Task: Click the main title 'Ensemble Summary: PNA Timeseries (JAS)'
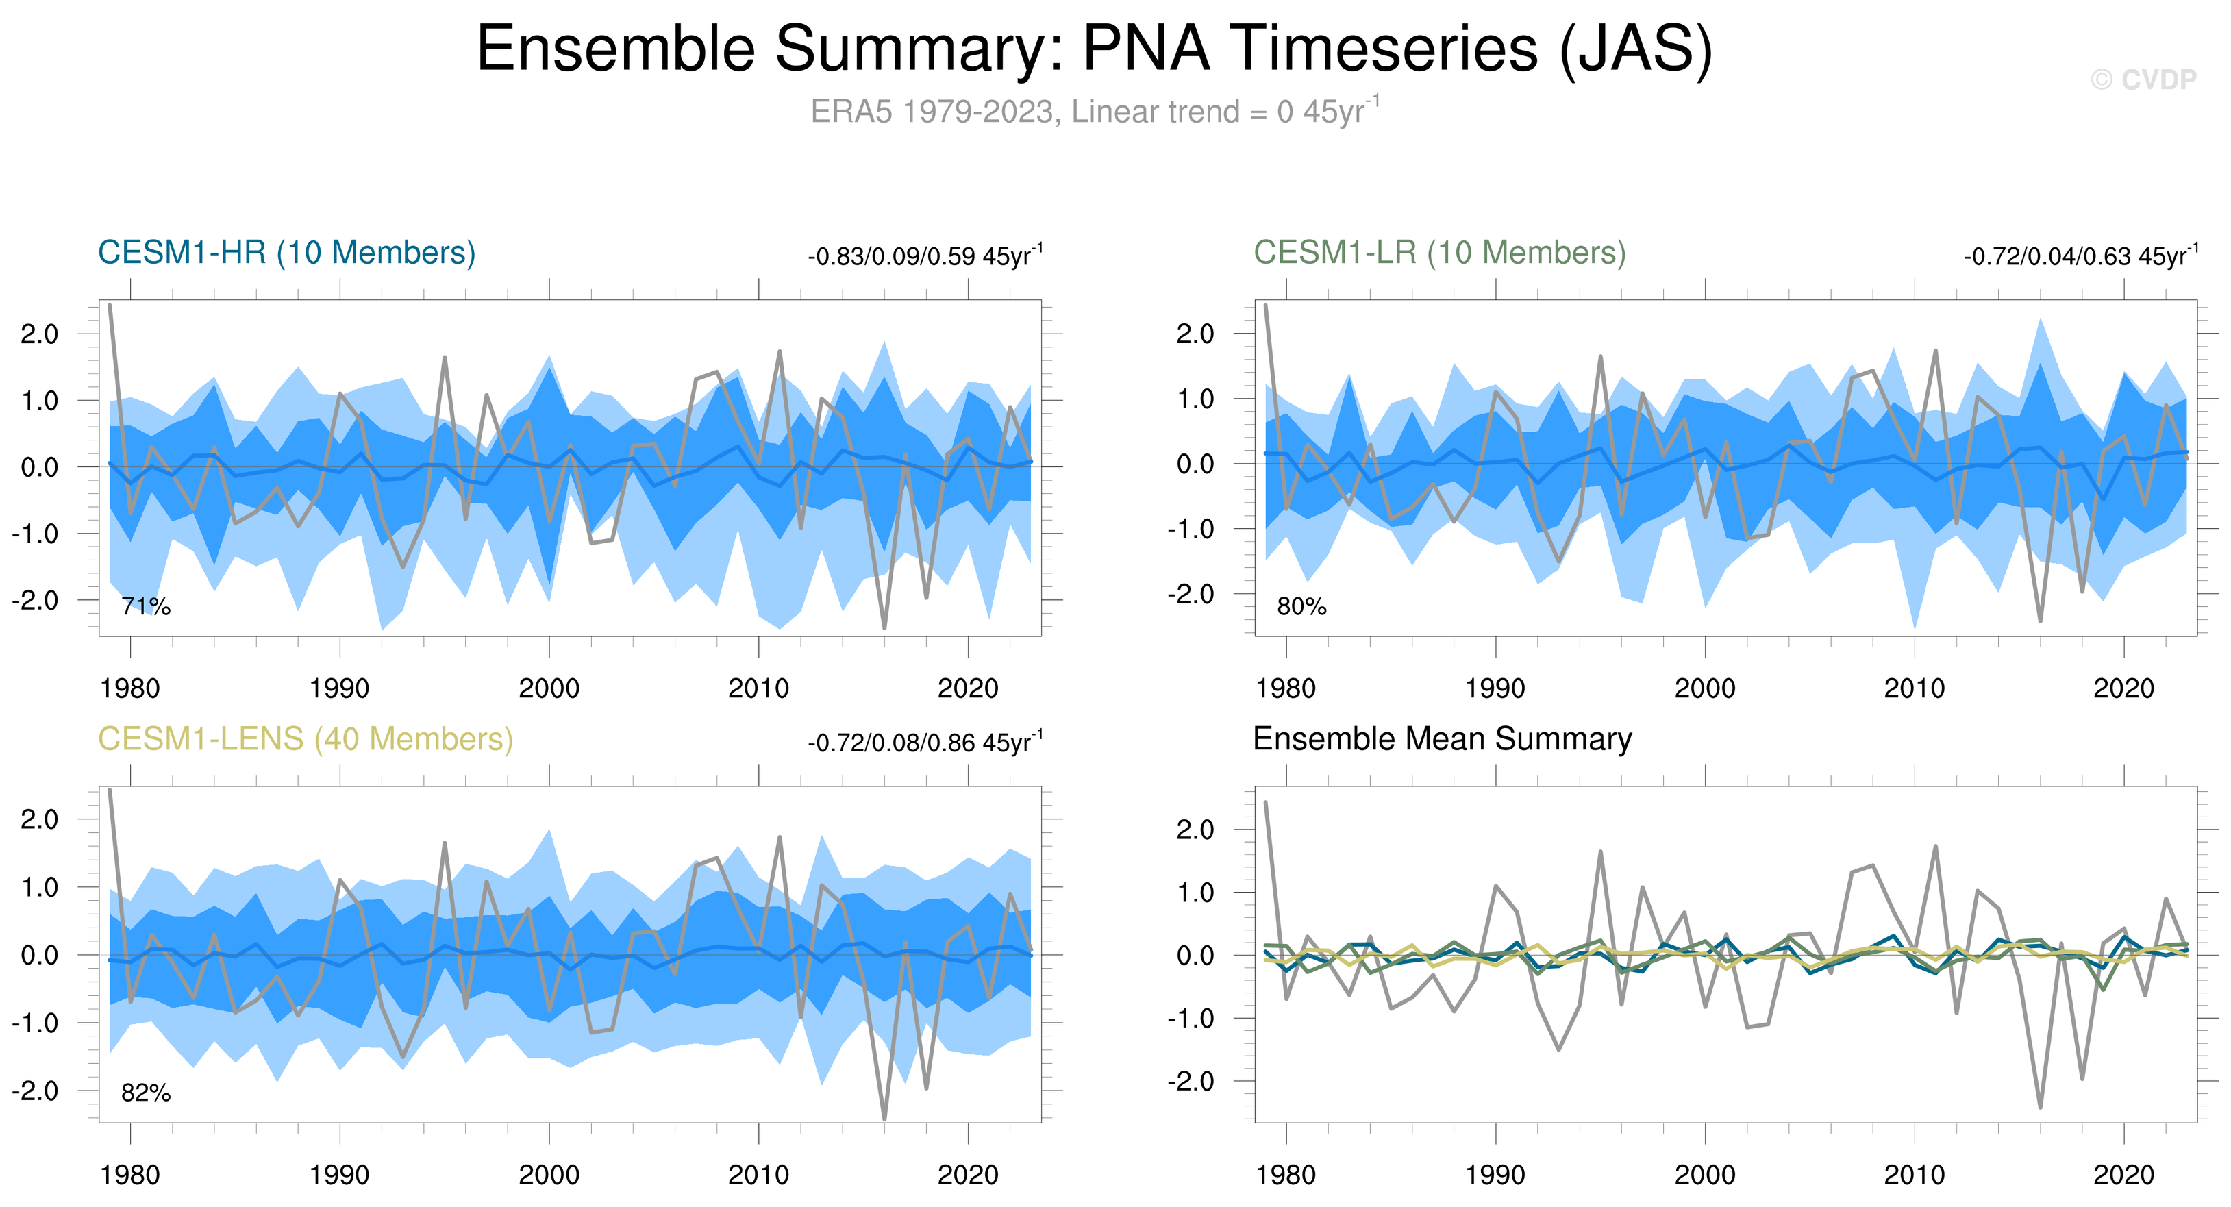coord(1094,49)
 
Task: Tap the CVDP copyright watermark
coord(2143,79)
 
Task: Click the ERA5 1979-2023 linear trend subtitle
coord(1094,112)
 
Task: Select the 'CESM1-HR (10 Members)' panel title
coord(287,253)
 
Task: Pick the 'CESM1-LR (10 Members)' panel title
coord(1439,253)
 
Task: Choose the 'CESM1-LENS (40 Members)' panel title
coord(305,739)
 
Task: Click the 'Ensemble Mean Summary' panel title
coord(1442,739)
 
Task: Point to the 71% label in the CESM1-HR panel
coord(145,606)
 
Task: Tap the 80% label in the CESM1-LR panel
coord(1301,606)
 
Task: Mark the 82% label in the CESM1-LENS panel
coord(145,1093)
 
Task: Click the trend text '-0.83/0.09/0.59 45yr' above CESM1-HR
coord(924,257)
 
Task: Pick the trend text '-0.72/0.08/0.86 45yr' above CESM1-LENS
coord(924,744)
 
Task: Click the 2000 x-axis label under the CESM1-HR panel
coord(549,689)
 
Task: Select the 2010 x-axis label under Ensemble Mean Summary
coord(1914,1175)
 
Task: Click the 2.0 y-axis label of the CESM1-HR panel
coord(40,334)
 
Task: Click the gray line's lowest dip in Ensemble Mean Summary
coord(2041,1106)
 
